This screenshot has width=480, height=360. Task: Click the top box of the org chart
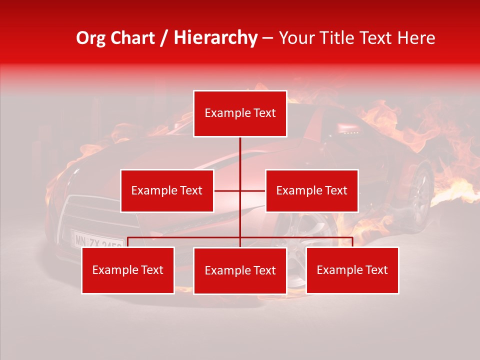pos(240,113)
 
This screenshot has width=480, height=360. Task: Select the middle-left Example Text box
pos(167,190)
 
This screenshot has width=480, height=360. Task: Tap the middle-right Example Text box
pos(311,190)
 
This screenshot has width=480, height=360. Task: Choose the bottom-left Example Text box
pos(128,270)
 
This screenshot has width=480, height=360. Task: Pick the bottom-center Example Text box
pos(240,270)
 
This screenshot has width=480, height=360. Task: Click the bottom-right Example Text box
pos(352,270)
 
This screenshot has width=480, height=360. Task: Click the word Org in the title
pos(90,38)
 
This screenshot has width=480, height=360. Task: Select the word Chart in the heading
pos(131,38)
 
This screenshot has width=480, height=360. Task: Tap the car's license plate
pos(98,240)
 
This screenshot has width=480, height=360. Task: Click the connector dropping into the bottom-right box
pos(352,242)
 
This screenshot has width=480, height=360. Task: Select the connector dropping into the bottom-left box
pos(128,242)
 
